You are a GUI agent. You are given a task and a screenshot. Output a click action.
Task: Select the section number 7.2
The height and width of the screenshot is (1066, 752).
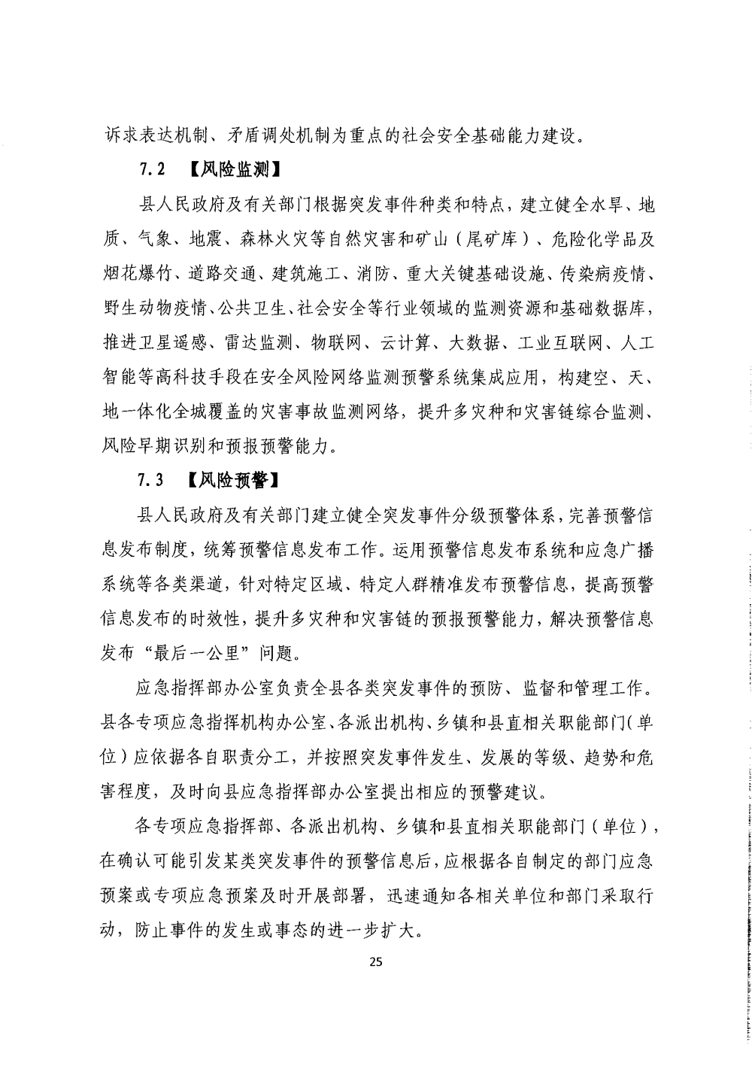coord(151,169)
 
